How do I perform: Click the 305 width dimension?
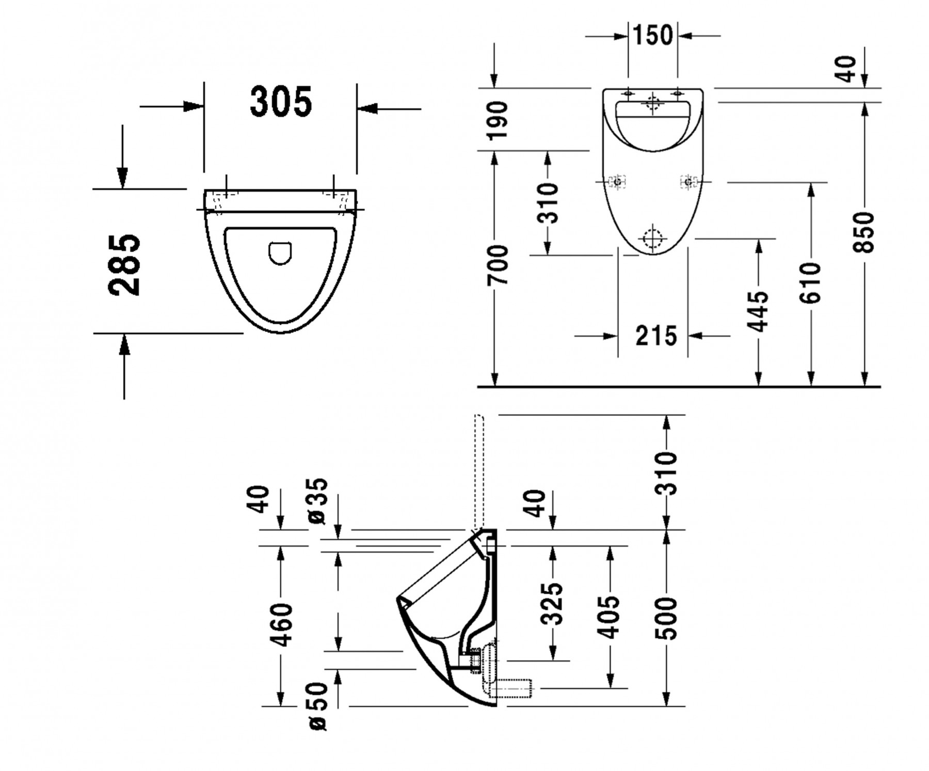pos(281,102)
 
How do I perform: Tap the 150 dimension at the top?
pos(653,35)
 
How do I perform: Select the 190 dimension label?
pos(499,121)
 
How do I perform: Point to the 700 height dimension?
pos(499,264)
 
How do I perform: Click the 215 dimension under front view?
pos(656,336)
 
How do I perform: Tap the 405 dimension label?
pos(611,617)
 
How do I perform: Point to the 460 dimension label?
pos(281,624)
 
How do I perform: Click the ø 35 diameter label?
pos(318,500)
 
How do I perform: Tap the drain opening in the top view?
pos(280,253)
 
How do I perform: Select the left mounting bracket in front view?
pos(617,182)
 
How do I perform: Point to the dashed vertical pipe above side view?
pos(478,470)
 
